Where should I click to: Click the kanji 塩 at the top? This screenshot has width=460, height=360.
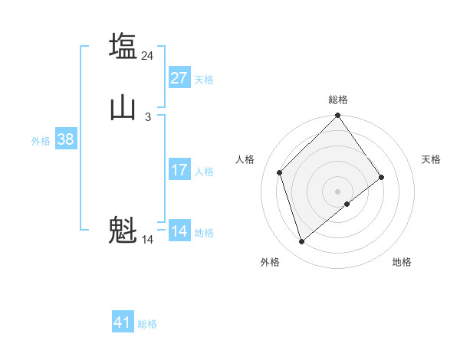pyautogui.click(x=123, y=45)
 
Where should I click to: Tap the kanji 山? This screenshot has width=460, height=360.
pyautogui.click(x=123, y=107)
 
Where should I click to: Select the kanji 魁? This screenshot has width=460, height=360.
pyautogui.click(x=123, y=230)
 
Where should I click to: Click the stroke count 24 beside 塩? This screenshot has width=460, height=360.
pyautogui.click(x=148, y=55)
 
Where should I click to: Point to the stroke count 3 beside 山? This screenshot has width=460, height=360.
pyautogui.click(x=148, y=117)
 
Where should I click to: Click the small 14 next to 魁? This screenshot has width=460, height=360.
pyautogui.click(x=148, y=240)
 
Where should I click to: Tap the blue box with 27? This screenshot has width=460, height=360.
pyautogui.click(x=179, y=78)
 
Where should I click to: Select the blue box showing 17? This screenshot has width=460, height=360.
pyautogui.click(x=179, y=170)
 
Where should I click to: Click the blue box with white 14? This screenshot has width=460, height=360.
pyautogui.click(x=179, y=231)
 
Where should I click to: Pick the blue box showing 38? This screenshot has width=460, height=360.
pyautogui.click(x=65, y=139)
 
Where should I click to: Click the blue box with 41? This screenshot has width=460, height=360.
pyautogui.click(x=123, y=322)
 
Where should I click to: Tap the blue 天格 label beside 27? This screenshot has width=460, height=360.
pyautogui.click(x=204, y=80)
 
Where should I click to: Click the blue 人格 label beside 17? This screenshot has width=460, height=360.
pyautogui.click(x=204, y=172)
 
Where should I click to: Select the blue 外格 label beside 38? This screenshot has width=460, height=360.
pyautogui.click(x=41, y=141)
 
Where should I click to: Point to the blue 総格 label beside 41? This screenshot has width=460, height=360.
pyautogui.click(x=147, y=324)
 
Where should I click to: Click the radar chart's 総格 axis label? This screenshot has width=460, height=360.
pyautogui.click(x=338, y=100)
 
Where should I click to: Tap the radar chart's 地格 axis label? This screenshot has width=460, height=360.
pyautogui.click(x=402, y=262)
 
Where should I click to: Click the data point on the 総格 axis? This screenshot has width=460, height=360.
pyautogui.click(x=338, y=117)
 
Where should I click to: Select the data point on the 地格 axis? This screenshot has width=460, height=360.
pyautogui.click(x=347, y=204)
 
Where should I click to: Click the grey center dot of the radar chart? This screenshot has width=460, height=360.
pyautogui.click(x=338, y=191)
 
